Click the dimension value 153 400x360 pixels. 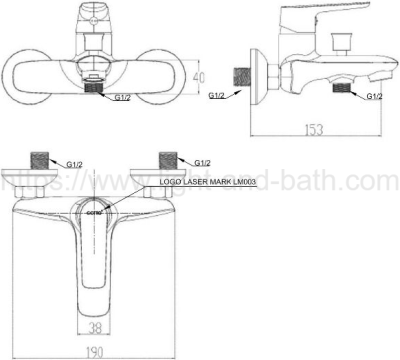coord(317,131)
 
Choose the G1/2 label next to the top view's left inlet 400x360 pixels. coord(74,162)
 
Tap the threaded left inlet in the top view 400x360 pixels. coord(40,160)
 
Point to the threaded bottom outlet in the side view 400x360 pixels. coord(346,88)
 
